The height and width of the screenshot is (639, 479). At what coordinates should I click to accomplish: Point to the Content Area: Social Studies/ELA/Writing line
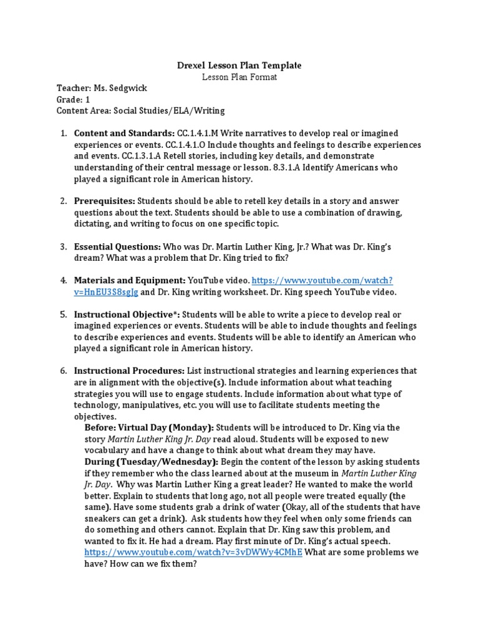tap(140, 111)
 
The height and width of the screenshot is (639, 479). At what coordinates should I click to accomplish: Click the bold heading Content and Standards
tap(125, 134)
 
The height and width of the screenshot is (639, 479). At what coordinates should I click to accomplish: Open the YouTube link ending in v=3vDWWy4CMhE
tap(193, 553)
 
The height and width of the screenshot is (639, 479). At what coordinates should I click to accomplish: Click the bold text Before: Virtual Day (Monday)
tap(149, 427)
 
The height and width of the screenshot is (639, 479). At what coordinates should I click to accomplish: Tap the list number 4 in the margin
tap(63, 281)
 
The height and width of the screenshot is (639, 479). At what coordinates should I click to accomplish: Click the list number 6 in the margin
tap(63, 371)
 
